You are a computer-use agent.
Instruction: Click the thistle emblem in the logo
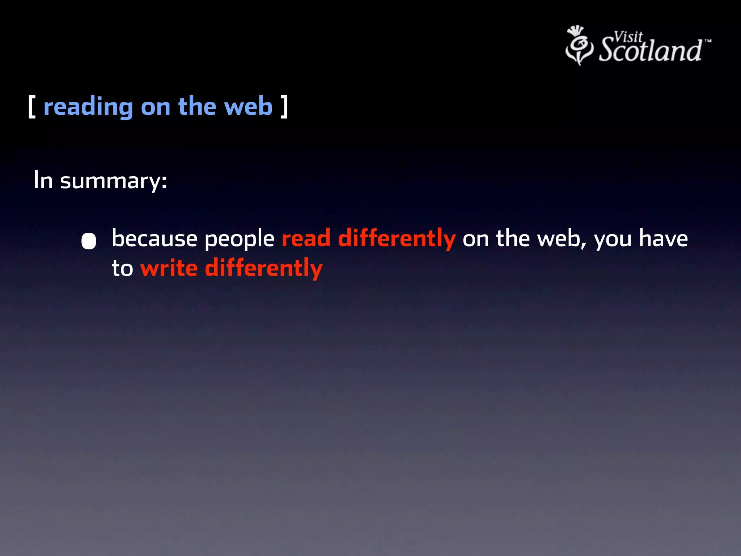tap(579, 46)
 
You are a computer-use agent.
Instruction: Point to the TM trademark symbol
tap(708, 41)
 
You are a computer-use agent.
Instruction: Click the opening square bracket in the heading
tap(32, 106)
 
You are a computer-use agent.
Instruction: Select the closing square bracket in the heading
tap(284, 106)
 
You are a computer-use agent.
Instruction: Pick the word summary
tap(113, 181)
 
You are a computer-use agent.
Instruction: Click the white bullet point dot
tap(89, 241)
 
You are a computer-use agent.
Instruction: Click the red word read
tap(306, 239)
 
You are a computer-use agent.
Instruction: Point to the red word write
tap(169, 268)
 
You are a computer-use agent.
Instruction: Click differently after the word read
tap(397, 239)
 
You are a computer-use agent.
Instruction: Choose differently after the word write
tap(263, 269)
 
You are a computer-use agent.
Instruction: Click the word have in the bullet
tap(663, 239)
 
